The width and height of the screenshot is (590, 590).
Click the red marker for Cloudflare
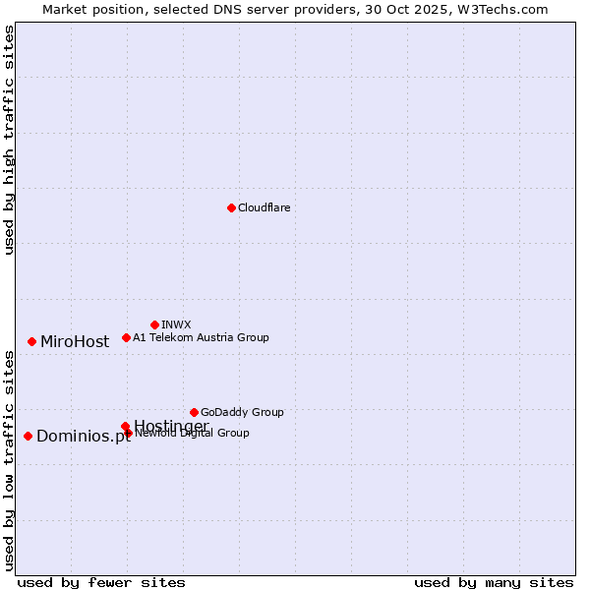pos(231,207)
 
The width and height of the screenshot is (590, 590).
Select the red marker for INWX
pos(154,324)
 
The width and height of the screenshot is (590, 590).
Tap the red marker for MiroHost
pos(31,341)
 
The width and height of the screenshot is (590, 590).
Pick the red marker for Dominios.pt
pos(28,436)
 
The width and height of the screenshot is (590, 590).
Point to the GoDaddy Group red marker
pos(194,412)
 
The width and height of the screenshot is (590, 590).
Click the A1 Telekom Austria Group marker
pos(126,337)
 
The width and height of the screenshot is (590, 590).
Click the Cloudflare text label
pos(264,207)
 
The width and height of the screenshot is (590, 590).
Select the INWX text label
pos(176,324)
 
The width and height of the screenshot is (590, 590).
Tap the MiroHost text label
pos(75,342)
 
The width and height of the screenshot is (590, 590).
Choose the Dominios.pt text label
pos(83,437)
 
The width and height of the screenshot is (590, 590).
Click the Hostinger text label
pos(171,426)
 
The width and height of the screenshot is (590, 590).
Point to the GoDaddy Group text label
pos(242,412)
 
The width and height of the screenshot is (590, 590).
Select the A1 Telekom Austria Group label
pos(201,337)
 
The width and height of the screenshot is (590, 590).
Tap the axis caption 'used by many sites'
pos(494,582)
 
